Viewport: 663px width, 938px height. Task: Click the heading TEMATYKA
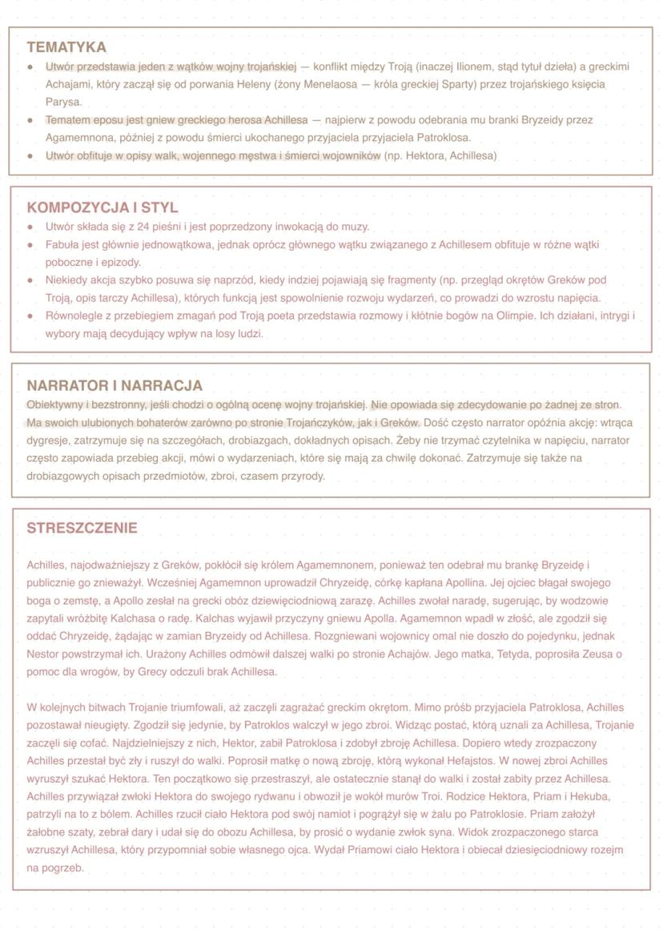[66, 47]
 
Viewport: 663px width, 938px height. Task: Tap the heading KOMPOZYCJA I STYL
[102, 207]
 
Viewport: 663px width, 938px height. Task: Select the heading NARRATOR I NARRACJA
[115, 385]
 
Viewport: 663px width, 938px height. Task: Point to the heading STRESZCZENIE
[82, 528]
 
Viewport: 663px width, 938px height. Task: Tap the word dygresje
[48, 441]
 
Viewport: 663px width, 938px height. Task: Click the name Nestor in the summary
[43, 654]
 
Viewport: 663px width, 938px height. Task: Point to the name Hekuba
[590, 797]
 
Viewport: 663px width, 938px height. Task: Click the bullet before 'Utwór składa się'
[30, 227]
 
